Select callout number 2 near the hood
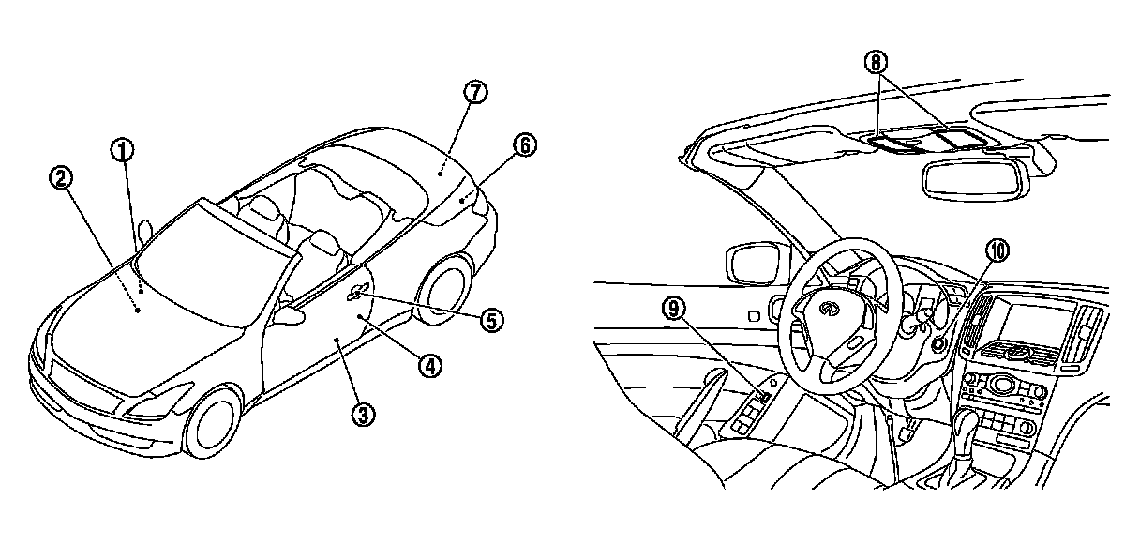63,176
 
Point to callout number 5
493,320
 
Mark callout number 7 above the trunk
475,94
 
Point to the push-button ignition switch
937,343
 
